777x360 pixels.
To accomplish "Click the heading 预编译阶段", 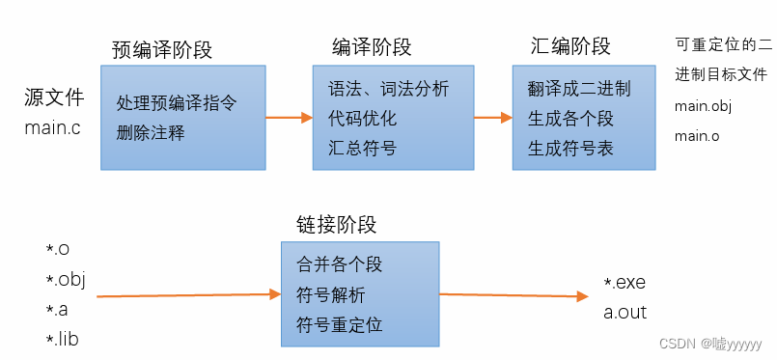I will tap(162, 50).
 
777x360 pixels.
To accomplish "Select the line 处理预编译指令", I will tap(177, 102).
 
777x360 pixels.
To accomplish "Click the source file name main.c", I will tap(53, 128).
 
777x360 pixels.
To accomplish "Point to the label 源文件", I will tap(54, 98).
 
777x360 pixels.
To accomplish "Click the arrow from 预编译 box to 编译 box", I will tap(289, 118).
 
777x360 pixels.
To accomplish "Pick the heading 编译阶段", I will tap(372, 47).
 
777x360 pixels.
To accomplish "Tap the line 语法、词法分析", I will tap(388, 90).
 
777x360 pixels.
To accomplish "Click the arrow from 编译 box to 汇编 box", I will tap(492, 118).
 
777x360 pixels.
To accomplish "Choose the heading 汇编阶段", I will tap(570, 46).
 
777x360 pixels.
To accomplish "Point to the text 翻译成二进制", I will tap(579, 89).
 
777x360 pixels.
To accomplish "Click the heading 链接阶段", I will tap(336, 225).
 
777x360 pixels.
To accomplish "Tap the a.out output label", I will tap(624, 313).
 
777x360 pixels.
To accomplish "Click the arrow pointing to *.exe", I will tap(514, 295).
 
